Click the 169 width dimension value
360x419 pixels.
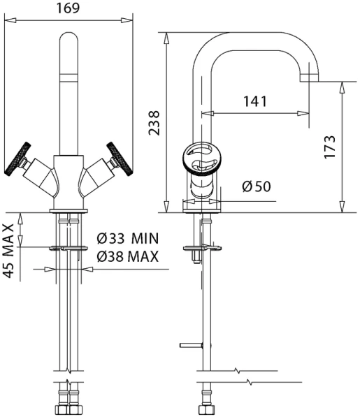68,8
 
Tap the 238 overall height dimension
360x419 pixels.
154,123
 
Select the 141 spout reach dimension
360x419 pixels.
255,101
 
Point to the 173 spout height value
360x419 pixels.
329,147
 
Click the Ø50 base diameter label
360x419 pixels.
257,186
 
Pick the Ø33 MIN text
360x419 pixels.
128,238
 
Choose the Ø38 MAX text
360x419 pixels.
128,256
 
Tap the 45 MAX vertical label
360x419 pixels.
9,251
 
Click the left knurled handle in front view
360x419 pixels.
17,159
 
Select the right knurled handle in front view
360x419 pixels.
120,159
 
